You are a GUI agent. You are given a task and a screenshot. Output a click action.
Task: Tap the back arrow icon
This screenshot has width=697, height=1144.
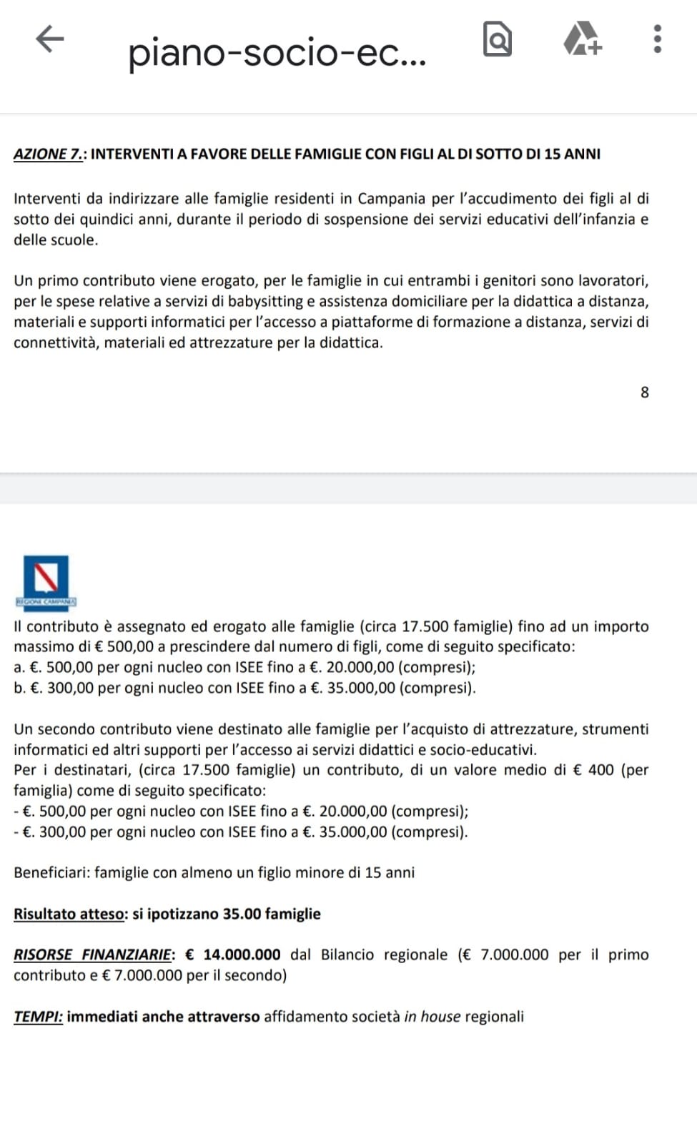[x=50, y=39]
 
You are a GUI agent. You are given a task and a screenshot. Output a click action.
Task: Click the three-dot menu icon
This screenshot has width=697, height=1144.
[x=658, y=39]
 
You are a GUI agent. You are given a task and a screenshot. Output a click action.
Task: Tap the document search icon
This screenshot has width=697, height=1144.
[x=498, y=39]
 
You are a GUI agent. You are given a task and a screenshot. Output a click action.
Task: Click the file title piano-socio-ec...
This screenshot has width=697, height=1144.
[x=277, y=53]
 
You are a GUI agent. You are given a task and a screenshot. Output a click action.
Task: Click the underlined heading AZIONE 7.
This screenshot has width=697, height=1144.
[x=49, y=154]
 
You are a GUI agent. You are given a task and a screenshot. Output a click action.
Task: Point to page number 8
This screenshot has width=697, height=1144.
[x=645, y=393]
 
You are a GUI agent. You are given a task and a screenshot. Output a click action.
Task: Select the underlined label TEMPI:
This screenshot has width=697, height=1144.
[x=38, y=1017]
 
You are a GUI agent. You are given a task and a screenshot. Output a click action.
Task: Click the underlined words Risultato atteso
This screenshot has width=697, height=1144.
[x=70, y=914]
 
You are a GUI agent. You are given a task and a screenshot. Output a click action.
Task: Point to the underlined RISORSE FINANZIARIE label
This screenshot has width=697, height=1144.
[x=93, y=955]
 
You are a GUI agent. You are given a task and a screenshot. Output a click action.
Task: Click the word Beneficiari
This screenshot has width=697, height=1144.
[x=51, y=872]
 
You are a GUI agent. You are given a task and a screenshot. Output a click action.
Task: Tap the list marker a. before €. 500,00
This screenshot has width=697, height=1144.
[x=19, y=668]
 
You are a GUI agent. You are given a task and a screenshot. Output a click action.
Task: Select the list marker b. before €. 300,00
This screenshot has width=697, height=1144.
[x=19, y=689]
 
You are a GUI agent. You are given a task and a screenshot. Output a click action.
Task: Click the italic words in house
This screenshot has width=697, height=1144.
[x=432, y=1017]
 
